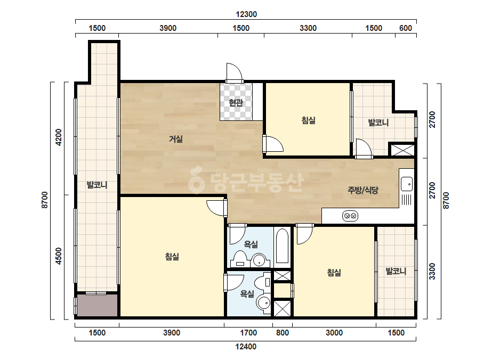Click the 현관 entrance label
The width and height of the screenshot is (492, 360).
(236, 103)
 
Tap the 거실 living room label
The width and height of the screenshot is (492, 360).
(176, 138)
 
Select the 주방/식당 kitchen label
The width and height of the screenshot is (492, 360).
(363, 190)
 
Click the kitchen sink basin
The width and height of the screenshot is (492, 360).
(407, 184)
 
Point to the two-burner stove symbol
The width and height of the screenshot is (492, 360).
(350, 216)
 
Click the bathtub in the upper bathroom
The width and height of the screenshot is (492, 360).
(283, 247)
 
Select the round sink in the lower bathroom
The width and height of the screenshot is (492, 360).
(264, 303)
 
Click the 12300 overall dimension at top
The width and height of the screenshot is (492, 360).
(246, 14)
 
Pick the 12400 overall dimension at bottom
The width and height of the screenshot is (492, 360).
(246, 347)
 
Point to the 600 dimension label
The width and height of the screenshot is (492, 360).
(406, 28)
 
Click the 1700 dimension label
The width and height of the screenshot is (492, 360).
(248, 333)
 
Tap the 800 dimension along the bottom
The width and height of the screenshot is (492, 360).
(283, 333)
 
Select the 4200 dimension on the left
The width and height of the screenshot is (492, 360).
(59, 137)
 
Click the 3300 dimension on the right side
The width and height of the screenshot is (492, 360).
(432, 271)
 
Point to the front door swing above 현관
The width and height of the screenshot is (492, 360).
(235, 71)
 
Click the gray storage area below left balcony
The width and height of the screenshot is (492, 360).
(97, 305)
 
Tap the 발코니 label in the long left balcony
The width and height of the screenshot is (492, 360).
(97, 185)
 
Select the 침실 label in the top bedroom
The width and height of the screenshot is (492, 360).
(309, 120)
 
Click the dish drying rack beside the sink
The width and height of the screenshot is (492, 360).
(406, 200)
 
